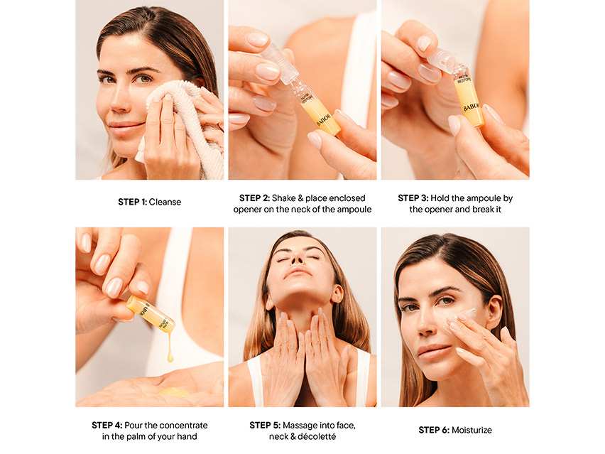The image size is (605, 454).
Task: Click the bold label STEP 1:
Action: pos(132,202)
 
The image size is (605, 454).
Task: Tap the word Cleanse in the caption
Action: pos(165,202)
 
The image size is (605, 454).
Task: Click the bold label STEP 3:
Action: pos(413,198)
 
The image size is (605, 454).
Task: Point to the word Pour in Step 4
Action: pos(133,425)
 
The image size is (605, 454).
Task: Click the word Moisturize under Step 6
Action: pos(472,430)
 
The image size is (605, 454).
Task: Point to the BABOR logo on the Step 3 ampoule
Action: pos(472,107)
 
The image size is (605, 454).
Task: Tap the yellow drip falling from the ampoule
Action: pos(170,345)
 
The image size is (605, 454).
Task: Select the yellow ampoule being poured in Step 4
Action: pos(151,313)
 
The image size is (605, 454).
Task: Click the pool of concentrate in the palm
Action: pos(175,393)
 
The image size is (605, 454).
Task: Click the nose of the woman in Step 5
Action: pos(297,261)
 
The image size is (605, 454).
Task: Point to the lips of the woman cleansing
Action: pos(124,126)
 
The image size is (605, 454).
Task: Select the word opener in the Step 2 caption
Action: pos(246,210)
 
